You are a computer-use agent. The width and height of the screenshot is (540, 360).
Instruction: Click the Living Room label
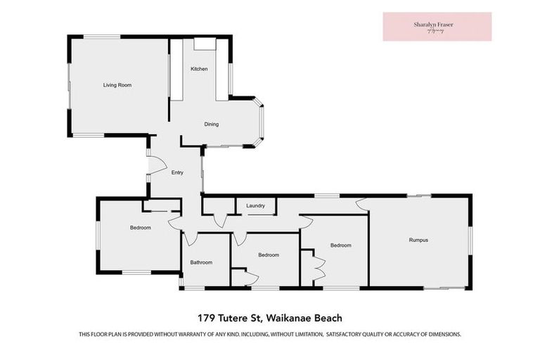117,85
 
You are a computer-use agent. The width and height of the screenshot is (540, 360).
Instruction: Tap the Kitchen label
199,69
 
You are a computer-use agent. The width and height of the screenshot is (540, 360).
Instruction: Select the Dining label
212,124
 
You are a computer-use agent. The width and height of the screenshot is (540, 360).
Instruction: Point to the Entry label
177,172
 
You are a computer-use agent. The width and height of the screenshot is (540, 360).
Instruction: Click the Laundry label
255,206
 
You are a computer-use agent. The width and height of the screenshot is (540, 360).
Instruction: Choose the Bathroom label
201,262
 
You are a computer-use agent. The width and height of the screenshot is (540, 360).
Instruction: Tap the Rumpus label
418,240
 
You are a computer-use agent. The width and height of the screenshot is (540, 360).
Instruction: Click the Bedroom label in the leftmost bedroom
140,227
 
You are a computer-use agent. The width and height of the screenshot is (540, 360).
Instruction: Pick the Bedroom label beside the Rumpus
341,245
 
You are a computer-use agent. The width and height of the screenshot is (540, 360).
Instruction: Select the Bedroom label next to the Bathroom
269,255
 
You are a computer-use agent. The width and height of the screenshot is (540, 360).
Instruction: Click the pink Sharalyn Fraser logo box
437,26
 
